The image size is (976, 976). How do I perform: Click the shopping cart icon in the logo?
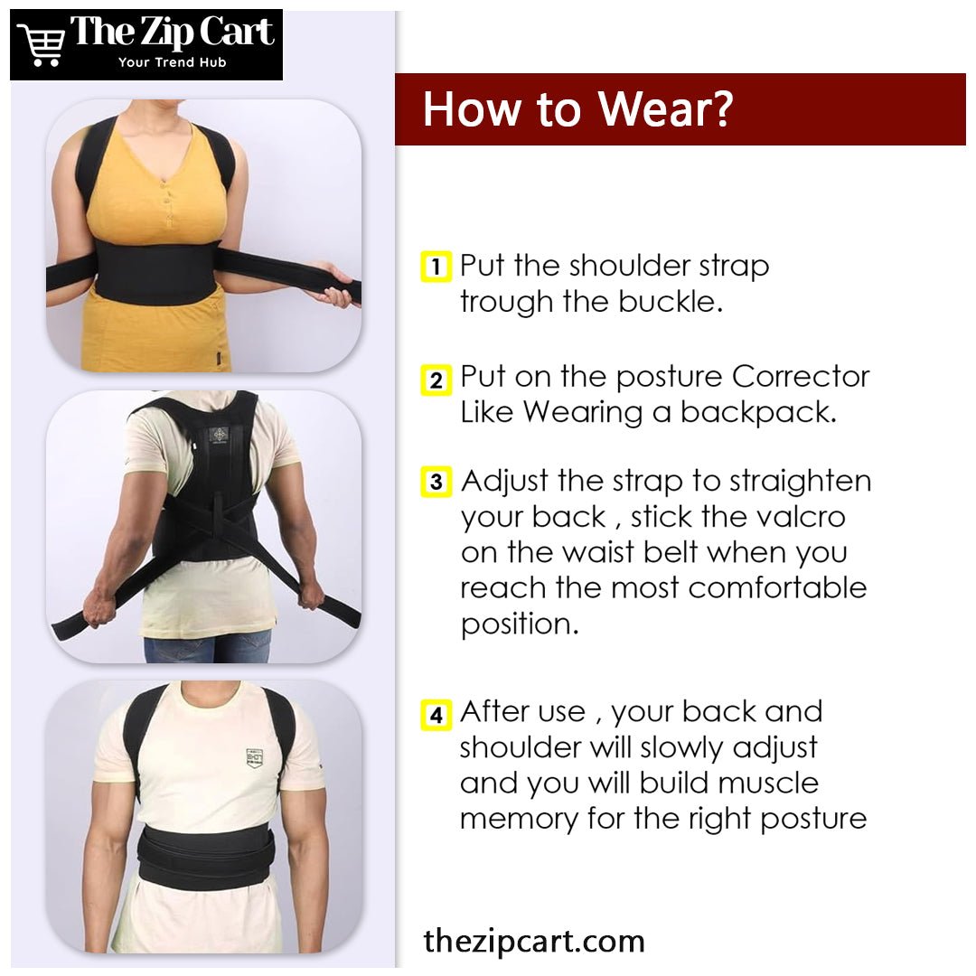point(41,45)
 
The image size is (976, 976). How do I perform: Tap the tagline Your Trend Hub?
point(173,62)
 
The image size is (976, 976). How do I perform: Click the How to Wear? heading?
point(578,109)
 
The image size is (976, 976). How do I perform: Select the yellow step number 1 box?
point(436,267)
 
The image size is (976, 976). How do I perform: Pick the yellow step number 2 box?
point(436,380)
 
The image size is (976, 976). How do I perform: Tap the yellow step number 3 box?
point(436,482)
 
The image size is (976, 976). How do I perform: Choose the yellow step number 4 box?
point(436,715)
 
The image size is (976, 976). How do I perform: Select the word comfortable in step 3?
point(777,587)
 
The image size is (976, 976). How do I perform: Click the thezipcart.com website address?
point(533,941)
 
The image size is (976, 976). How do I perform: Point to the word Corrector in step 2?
point(801,377)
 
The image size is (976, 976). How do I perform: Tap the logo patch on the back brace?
point(219,435)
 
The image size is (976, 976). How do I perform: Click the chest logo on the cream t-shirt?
point(254,758)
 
